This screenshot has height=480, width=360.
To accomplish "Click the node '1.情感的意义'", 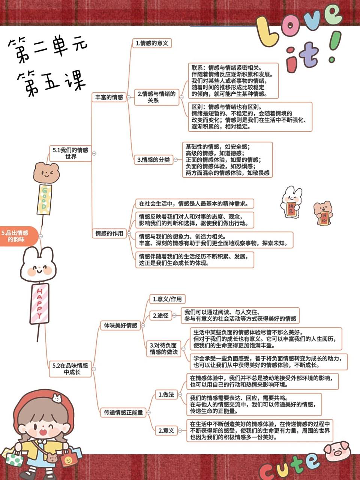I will pyautogui.click(x=152, y=43).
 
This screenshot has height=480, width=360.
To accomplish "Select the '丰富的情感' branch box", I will pyautogui.click(x=109, y=97).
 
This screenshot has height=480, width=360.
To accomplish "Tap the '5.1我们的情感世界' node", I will pyautogui.click(x=71, y=153).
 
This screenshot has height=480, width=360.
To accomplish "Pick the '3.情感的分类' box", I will pyautogui.click(x=153, y=160).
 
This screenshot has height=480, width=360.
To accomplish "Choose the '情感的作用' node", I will pyautogui.click(x=109, y=233).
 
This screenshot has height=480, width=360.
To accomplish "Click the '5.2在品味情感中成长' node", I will pyautogui.click(x=70, y=369).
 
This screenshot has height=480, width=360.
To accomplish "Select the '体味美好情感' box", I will pyautogui.click(x=120, y=325).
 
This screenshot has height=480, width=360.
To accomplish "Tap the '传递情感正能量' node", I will pyautogui.click(x=123, y=412).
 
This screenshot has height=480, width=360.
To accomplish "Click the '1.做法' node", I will pyautogui.click(x=166, y=394).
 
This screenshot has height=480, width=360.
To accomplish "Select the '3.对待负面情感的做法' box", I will pyautogui.click(x=163, y=348).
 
